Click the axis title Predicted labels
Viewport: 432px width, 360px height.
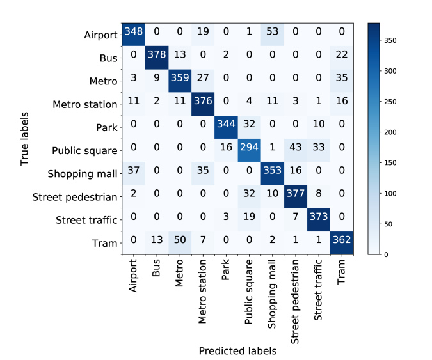[237, 351]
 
